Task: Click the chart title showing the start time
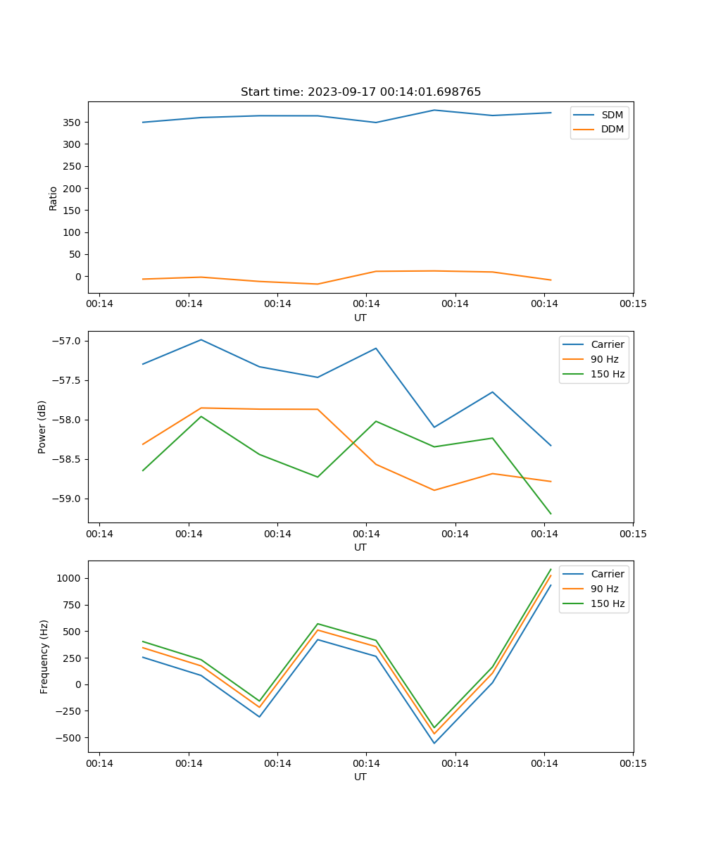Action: (360, 92)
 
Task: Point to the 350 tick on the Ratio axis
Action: (72, 123)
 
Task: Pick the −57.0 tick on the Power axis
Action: (66, 341)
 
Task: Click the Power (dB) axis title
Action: (43, 427)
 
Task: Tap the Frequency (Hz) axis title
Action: (44, 656)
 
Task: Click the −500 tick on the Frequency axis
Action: (69, 738)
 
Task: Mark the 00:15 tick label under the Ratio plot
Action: (633, 304)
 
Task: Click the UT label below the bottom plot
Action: (360, 777)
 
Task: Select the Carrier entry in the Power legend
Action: (607, 345)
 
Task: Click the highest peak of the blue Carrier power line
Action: (201, 339)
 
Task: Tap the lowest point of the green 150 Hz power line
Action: (551, 514)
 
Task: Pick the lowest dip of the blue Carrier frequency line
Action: (434, 743)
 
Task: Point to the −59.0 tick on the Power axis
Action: (66, 499)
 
